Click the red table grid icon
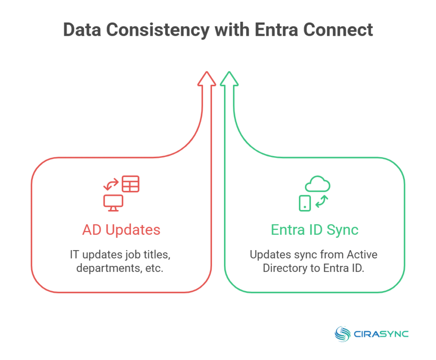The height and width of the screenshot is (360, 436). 130,184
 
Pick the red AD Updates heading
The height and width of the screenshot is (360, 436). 121,230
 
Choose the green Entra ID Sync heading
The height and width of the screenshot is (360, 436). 315,230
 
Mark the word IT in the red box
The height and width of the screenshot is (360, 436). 75,255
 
